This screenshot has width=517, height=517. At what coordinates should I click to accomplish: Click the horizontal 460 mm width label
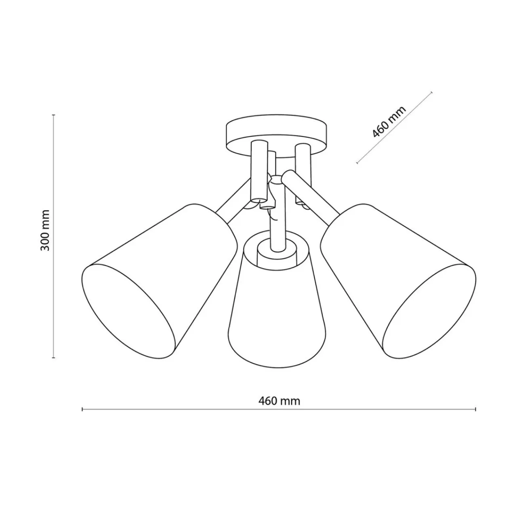(x=279, y=408)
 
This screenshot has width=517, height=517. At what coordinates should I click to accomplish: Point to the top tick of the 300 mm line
(x=54, y=115)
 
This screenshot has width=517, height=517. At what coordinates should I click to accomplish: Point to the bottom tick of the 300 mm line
(x=54, y=357)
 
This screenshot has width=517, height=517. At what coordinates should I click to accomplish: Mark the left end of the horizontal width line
(x=82, y=417)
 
